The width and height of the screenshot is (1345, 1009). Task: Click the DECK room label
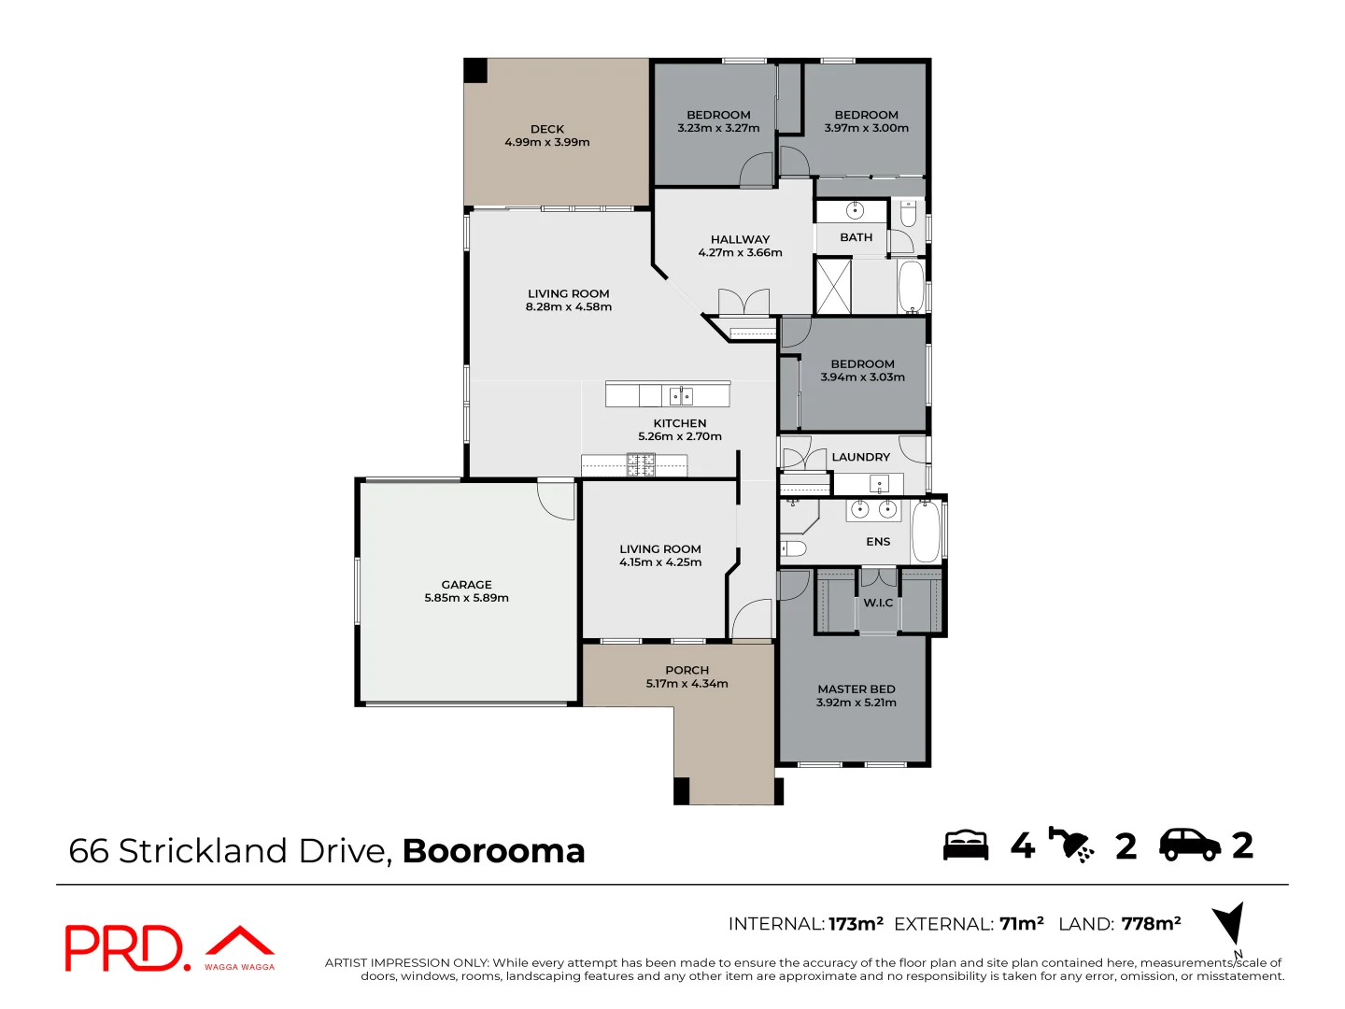point(547,129)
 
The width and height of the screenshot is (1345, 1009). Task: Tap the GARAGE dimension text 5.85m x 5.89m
point(466,598)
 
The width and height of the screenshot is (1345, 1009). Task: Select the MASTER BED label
point(857,689)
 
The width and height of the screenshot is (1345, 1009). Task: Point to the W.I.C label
point(878,603)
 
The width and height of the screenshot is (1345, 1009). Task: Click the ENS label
point(878,542)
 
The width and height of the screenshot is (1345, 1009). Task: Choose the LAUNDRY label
point(860,457)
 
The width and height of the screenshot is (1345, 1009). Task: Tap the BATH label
point(856,237)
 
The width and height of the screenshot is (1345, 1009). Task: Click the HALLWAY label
point(740,239)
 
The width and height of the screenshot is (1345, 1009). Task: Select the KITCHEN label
point(680,423)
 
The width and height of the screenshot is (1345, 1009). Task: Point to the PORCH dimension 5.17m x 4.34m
point(687,684)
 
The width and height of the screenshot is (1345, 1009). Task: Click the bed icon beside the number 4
point(966,845)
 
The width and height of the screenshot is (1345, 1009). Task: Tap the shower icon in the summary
point(1071,845)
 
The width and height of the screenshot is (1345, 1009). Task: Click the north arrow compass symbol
point(1230,924)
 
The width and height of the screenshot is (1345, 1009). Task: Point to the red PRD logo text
point(126,948)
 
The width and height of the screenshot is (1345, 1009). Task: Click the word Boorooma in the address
point(493,851)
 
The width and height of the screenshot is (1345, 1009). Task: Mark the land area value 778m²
point(1151,924)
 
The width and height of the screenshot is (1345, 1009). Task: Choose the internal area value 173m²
point(856,924)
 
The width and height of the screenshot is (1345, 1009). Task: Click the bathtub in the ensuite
point(926,532)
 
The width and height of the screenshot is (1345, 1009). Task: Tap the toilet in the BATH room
point(908,215)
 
